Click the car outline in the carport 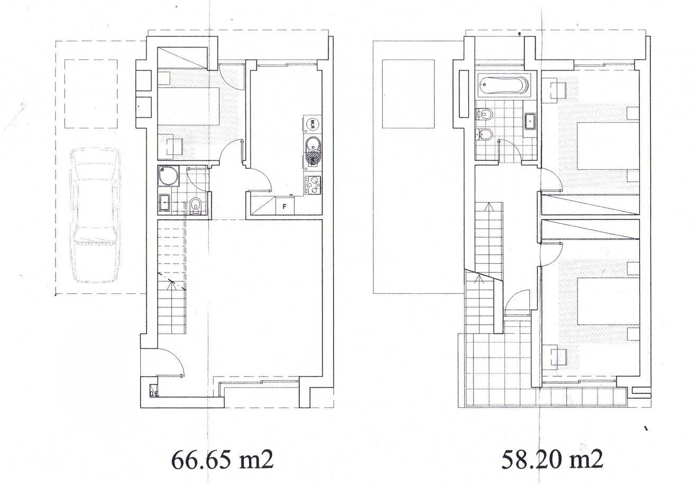(x=95, y=215)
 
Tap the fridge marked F (x=284, y=206)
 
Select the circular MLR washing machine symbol (x=312, y=125)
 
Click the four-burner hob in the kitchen (x=312, y=185)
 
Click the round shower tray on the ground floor (x=168, y=176)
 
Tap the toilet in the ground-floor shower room (x=195, y=205)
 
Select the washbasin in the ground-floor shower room (x=164, y=202)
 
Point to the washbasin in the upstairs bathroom (x=530, y=122)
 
